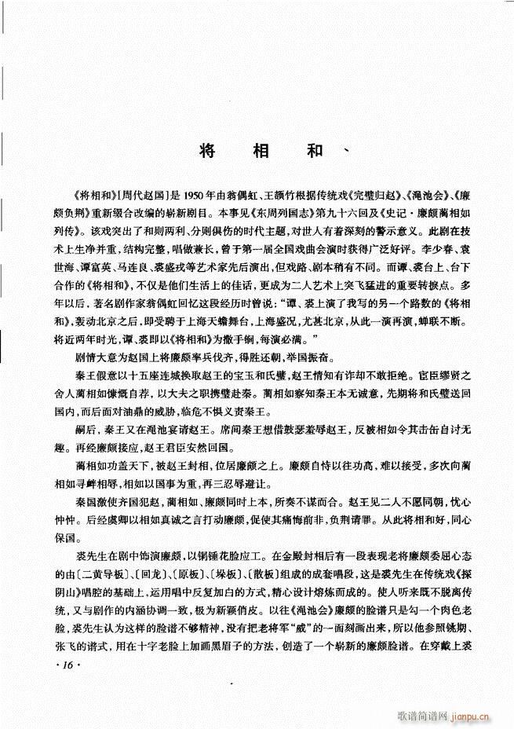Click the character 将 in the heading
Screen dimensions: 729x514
tap(207, 151)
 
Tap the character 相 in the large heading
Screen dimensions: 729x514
tap(261, 151)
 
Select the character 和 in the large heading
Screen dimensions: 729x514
tap(316, 151)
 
